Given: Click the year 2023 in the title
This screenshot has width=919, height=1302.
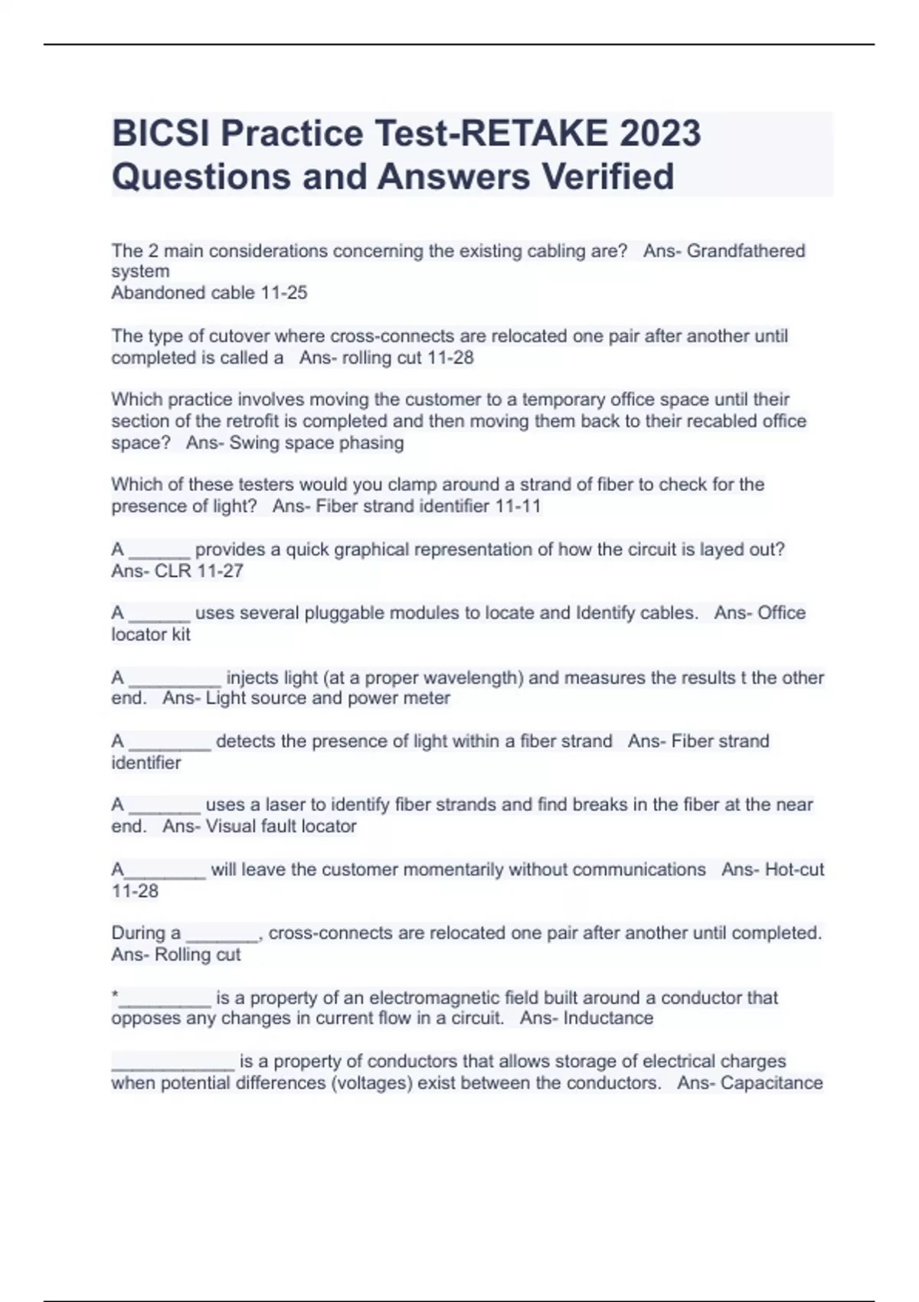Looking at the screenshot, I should click(x=659, y=132).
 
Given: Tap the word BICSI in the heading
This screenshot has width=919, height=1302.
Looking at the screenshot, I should click(x=161, y=132).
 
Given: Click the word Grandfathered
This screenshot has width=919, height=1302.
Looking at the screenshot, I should click(x=745, y=250).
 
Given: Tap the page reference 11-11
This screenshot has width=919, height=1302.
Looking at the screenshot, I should click(x=518, y=506).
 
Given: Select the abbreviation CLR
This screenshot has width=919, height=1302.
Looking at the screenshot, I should click(x=172, y=571).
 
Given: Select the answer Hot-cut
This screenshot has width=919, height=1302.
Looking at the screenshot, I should click(x=794, y=869).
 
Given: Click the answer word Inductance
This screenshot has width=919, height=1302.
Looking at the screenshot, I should click(x=608, y=1018).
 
